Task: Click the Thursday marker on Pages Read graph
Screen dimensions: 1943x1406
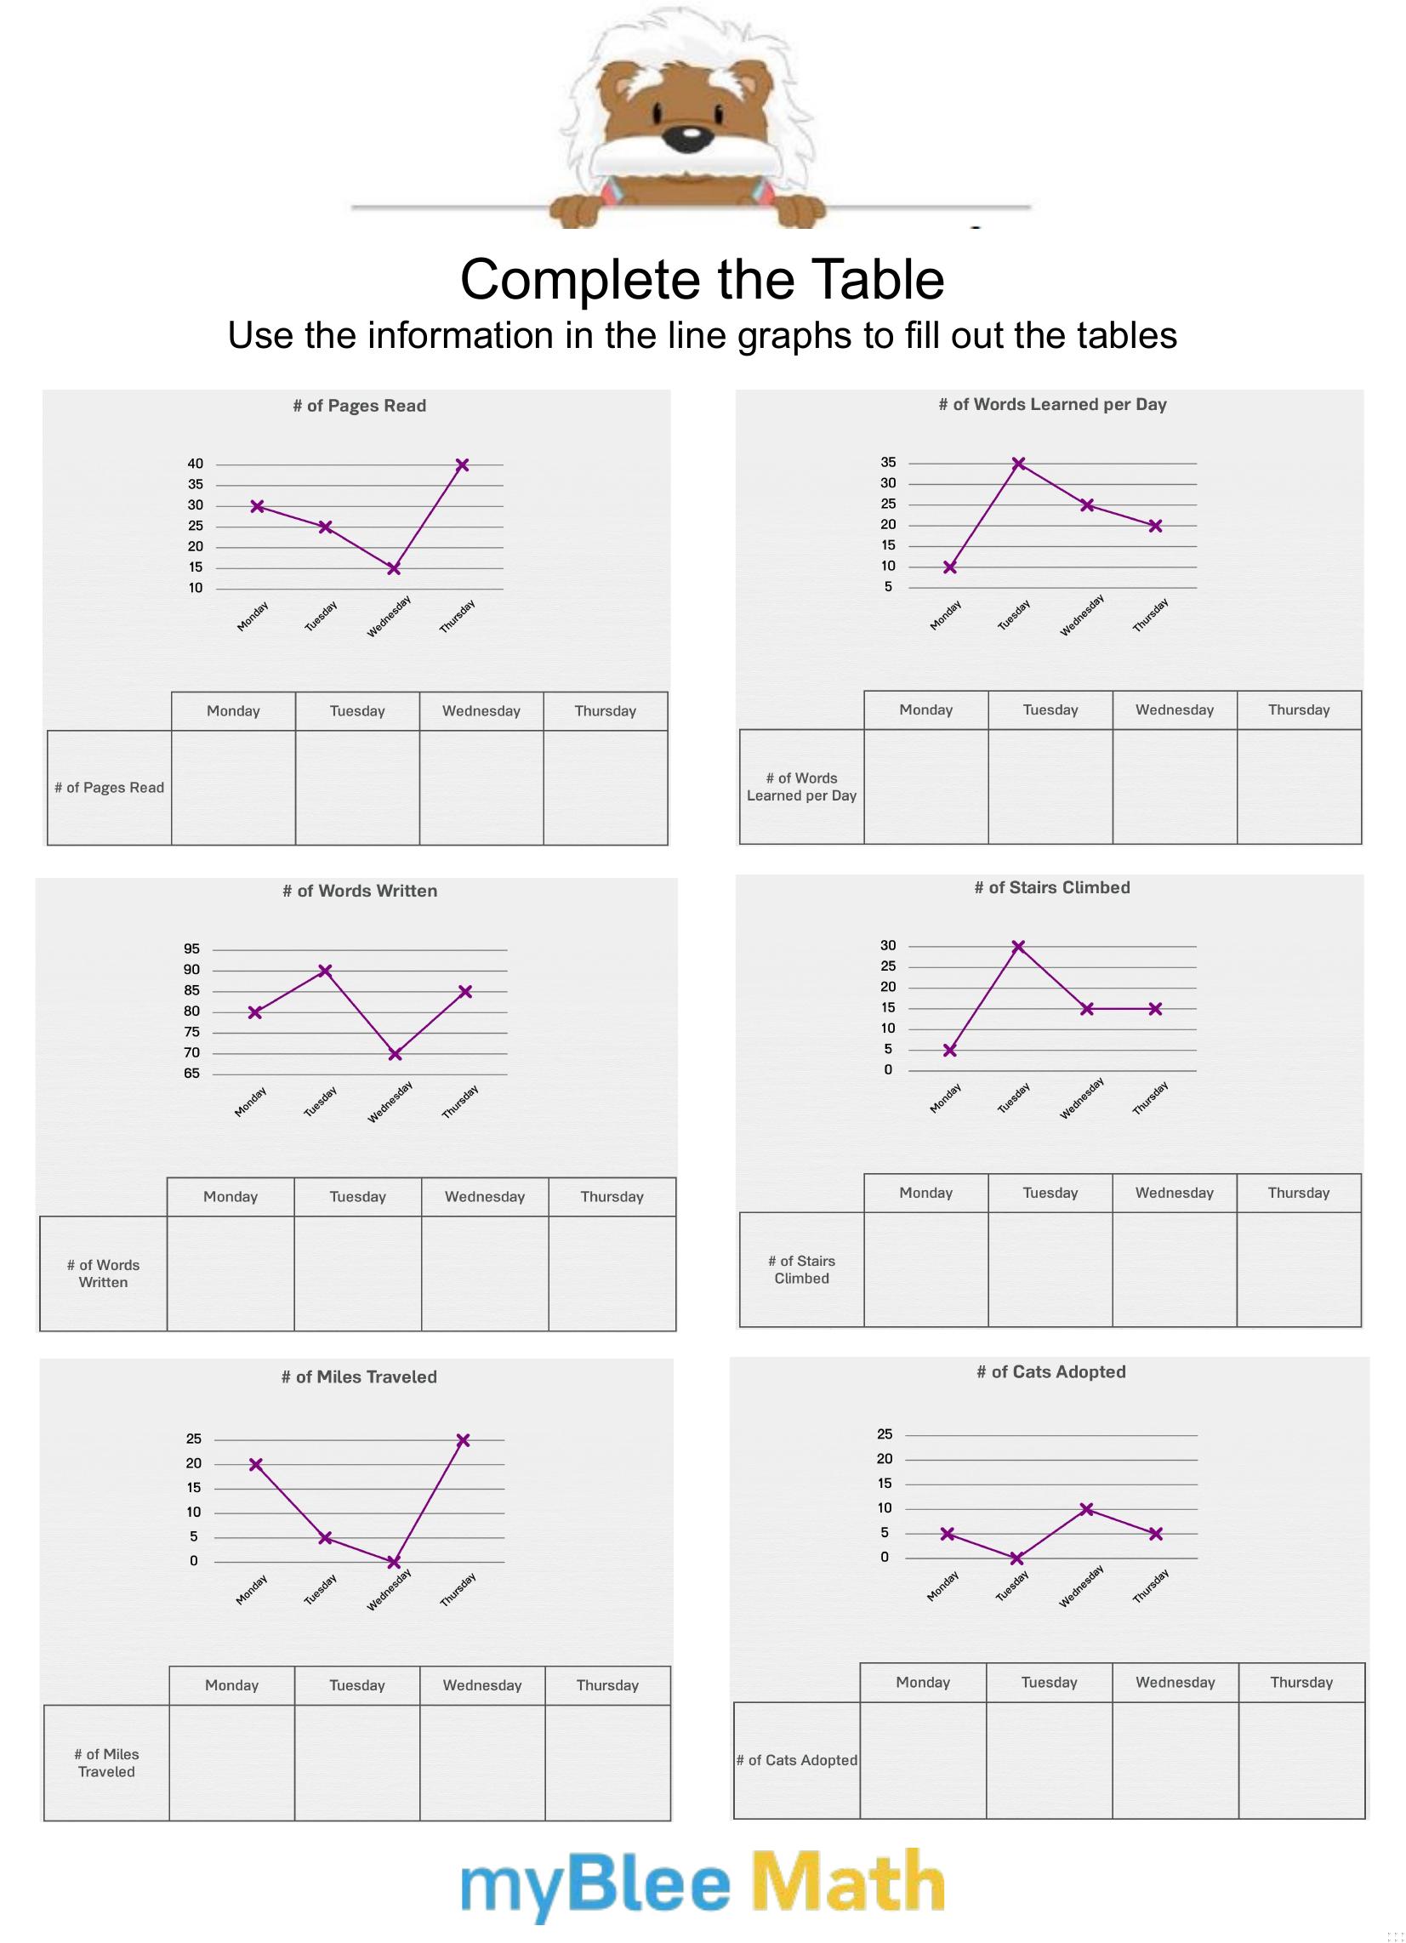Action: tap(462, 465)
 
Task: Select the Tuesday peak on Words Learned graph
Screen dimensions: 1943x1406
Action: tap(1018, 464)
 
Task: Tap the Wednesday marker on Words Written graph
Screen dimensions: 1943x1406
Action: tap(395, 1054)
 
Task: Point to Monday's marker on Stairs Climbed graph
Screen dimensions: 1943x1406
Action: tap(949, 1051)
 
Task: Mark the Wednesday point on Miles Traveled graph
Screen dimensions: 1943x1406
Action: tap(393, 1563)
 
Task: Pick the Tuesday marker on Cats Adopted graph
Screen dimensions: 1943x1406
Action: tap(1017, 1558)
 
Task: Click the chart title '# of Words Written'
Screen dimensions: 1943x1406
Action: tap(360, 891)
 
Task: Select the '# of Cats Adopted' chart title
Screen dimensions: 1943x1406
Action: tap(1051, 1371)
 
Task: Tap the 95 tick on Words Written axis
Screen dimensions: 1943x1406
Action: tap(191, 949)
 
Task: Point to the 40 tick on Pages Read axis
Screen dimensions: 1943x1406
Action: tap(196, 464)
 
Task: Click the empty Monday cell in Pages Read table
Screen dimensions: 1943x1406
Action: tap(233, 787)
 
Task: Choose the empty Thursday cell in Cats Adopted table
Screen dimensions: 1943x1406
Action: tap(1301, 1759)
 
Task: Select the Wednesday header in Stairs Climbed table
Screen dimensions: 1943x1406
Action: tap(1174, 1193)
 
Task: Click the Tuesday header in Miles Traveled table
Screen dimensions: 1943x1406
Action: tap(357, 1685)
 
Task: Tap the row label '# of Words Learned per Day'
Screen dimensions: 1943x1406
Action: tap(801, 786)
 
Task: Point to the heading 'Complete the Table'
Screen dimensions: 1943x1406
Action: tap(702, 279)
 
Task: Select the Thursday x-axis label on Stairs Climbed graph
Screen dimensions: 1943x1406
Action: tap(1150, 1097)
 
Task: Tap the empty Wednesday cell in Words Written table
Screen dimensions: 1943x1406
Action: tap(484, 1273)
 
